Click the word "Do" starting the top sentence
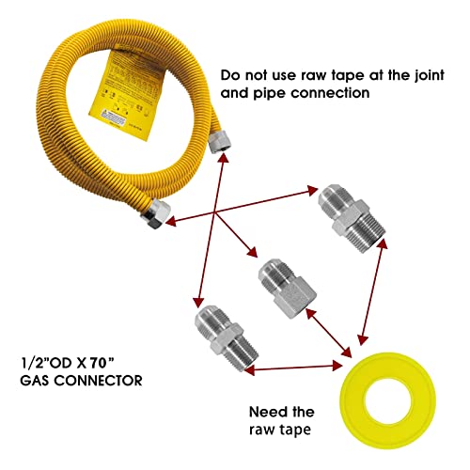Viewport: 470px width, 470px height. pos(229,72)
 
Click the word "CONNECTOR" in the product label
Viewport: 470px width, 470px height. pos(103,382)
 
